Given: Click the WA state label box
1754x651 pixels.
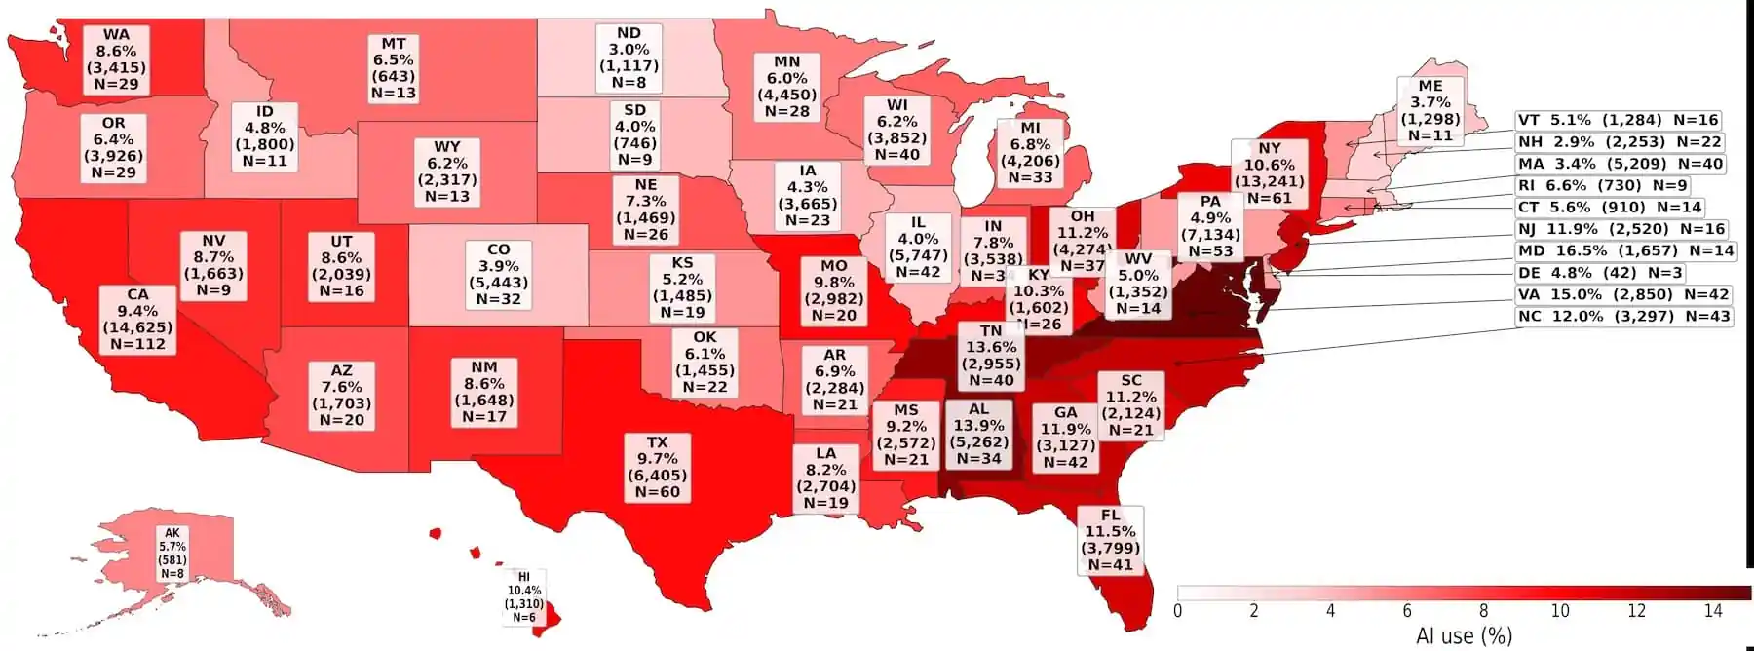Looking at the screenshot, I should pyautogui.click(x=116, y=59).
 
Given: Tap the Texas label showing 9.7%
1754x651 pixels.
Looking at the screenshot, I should pyautogui.click(x=658, y=468).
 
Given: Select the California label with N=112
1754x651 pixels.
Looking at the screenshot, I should pyautogui.click(x=138, y=319).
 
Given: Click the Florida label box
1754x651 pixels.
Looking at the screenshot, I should pyautogui.click(x=1111, y=540).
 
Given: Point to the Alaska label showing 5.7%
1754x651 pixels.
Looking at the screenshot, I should pyautogui.click(x=172, y=554).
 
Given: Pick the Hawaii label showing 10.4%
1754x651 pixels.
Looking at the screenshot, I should pyautogui.click(x=524, y=597).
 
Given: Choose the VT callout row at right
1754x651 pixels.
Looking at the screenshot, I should pyautogui.click(x=1618, y=120).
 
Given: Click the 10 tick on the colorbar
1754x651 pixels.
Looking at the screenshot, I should pyautogui.click(x=1560, y=611).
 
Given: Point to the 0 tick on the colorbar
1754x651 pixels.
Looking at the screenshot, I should pyautogui.click(x=1178, y=611).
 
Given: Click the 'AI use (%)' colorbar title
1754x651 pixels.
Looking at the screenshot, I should pyautogui.click(x=1464, y=636).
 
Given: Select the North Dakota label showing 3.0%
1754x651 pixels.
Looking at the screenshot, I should pyautogui.click(x=629, y=58).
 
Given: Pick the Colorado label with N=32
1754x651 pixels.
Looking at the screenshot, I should pyautogui.click(x=498, y=275).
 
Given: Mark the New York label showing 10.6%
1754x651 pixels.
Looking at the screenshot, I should pyautogui.click(x=1270, y=173).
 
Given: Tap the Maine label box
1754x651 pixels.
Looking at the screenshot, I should pyautogui.click(x=1430, y=111).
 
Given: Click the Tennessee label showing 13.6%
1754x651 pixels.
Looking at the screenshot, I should pyautogui.click(x=991, y=356).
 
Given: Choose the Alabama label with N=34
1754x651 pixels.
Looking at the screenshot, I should pyautogui.click(x=978, y=434).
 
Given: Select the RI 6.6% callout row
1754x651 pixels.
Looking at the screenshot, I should pyautogui.click(x=1601, y=185).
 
